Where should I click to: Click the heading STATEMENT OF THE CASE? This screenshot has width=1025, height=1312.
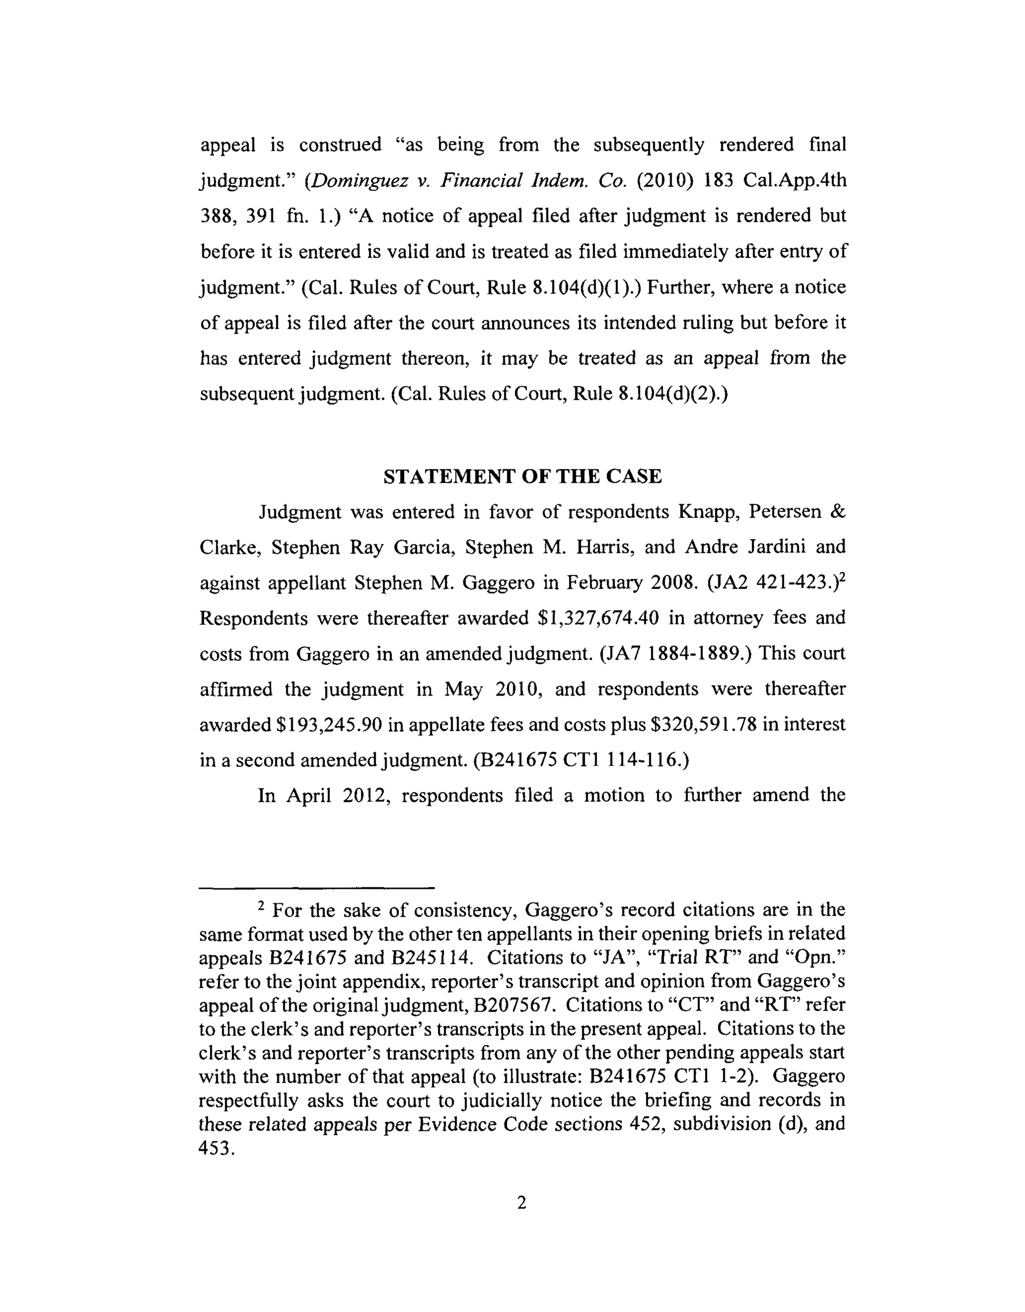pos(523,476)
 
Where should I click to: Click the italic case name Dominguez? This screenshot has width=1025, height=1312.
pos(358,180)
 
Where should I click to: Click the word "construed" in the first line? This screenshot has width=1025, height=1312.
pos(340,145)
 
